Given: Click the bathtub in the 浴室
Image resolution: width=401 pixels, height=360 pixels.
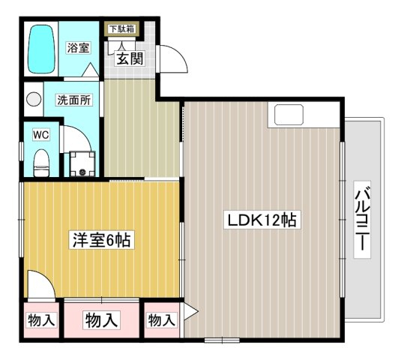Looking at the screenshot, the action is pyautogui.click(x=41, y=49).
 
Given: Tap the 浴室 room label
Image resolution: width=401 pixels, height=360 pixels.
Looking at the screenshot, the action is pyautogui.click(x=78, y=47).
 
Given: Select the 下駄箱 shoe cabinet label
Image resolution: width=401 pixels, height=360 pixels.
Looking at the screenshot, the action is pyautogui.click(x=121, y=29).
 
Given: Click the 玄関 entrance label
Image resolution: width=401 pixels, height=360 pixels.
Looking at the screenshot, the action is pyautogui.click(x=130, y=58).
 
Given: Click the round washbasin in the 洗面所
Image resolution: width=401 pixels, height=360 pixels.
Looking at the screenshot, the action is pyautogui.click(x=34, y=99).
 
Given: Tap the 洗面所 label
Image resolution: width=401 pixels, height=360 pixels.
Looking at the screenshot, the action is pyautogui.click(x=74, y=100).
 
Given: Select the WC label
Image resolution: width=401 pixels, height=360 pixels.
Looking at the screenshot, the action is pyautogui.click(x=41, y=134).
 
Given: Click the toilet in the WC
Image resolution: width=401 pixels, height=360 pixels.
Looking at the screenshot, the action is pyautogui.click(x=41, y=163).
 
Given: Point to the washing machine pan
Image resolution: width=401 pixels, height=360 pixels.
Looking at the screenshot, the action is pyautogui.click(x=82, y=164).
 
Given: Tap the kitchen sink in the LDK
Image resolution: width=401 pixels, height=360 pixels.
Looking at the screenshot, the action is pyautogui.click(x=289, y=115).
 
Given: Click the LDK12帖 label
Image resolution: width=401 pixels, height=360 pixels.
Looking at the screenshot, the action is pyautogui.click(x=262, y=220).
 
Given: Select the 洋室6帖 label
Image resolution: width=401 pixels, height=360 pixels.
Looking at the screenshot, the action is pyautogui.click(x=102, y=240).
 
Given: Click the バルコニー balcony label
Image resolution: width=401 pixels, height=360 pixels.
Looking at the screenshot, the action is pyautogui.click(x=362, y=220).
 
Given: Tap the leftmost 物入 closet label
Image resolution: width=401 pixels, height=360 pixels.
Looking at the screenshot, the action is pyautogui.click(x=41, y=320).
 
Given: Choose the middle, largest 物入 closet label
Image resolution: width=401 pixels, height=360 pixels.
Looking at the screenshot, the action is pyautogui.click(x=101, y=320).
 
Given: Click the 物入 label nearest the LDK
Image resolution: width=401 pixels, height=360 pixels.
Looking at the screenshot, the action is pyautogui.click(x=162, y=320).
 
